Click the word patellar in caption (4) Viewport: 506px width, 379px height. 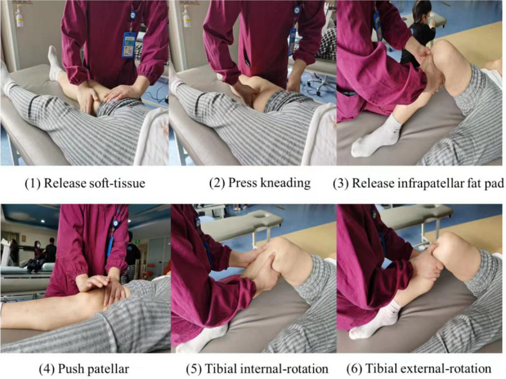click(111, 369)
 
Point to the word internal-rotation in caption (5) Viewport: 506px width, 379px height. click(283, 369)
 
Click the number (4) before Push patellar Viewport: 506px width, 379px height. click(46, 369)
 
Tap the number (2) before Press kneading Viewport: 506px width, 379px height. click(217, 183)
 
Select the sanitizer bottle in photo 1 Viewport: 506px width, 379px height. click(19, 17)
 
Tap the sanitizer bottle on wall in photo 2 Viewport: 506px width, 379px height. click(187, 17)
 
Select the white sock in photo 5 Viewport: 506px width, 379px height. click(200, 338)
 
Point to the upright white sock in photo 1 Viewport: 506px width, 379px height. click(54, 63)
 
